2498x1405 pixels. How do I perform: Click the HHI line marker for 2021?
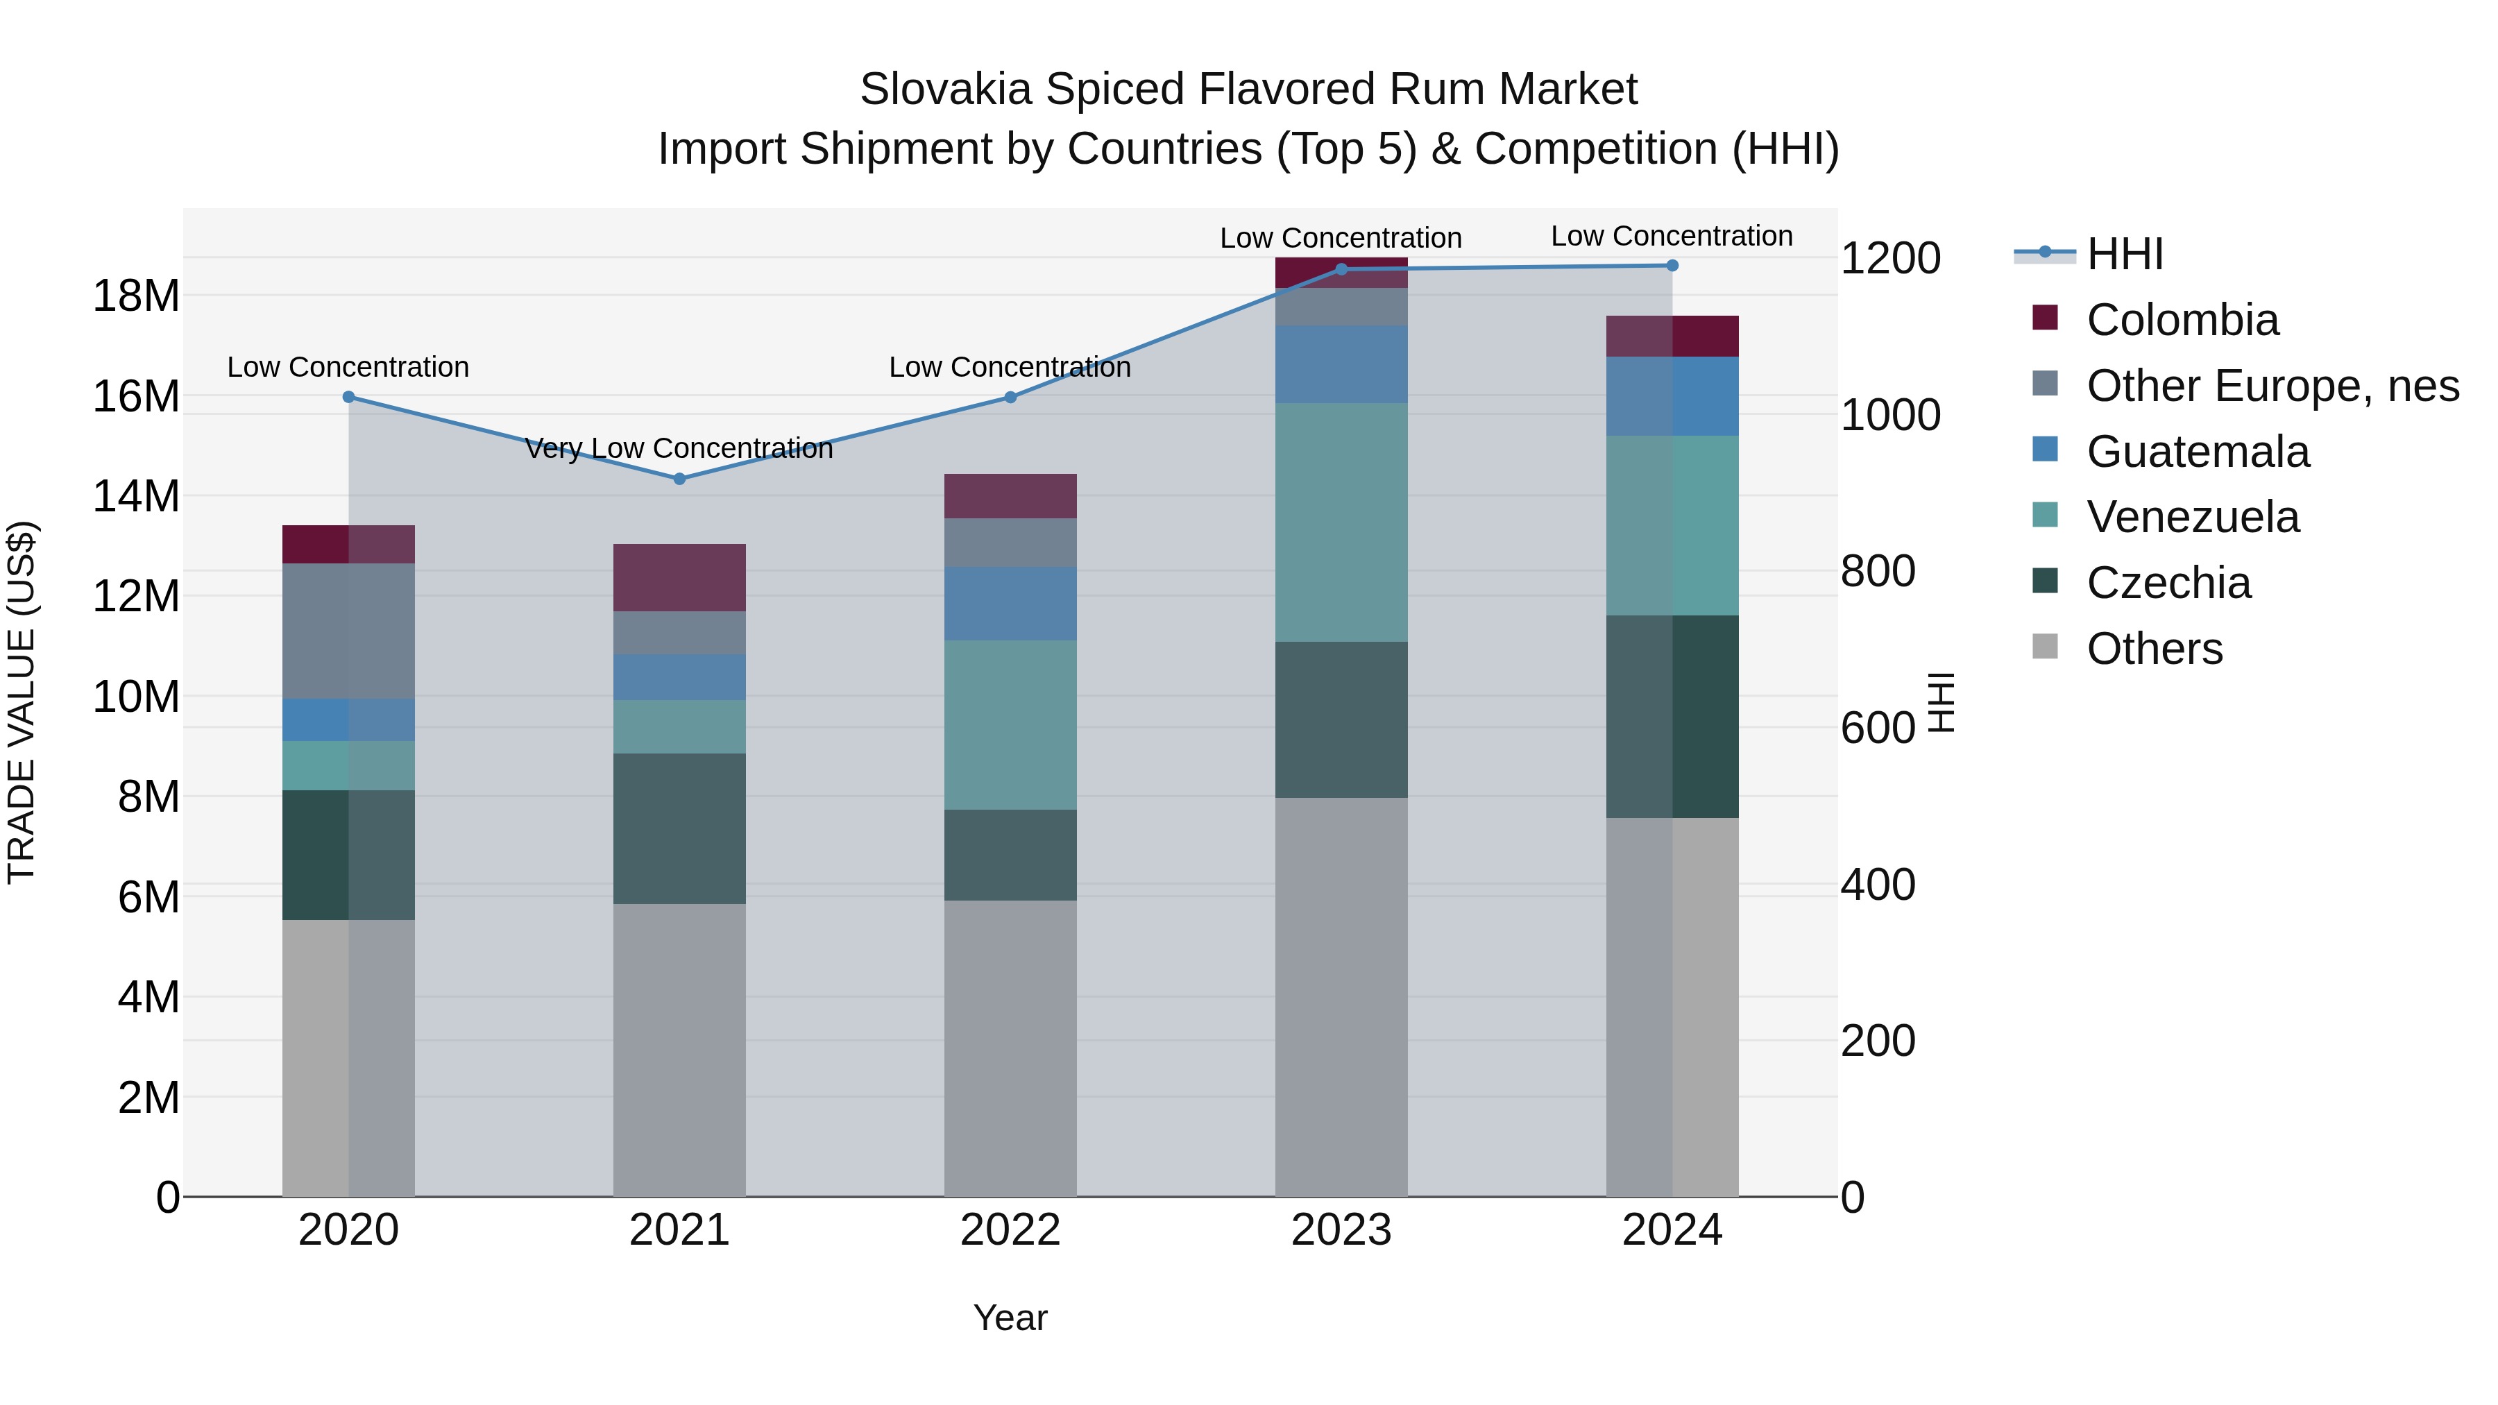[x=679, y=479]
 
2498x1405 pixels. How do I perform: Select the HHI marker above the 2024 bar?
[x=1672, y=266]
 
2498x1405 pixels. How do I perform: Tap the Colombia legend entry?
[x=2182, y=320]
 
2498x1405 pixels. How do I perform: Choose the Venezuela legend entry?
[x=2191, y=517]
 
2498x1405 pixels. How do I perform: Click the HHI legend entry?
[x=2124, y=254]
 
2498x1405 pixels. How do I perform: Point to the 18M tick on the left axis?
[x=136, y=296]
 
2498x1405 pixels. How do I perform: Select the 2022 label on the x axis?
[x=1010, y=1230]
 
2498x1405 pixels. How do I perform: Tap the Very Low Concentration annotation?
[x=679, y=448]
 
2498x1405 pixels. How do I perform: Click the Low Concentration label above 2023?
[x=1340, y=237]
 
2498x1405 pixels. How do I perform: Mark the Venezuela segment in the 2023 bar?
[x=1341, y=522]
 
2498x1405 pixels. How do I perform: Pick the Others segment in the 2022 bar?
[x=1010, y=1047]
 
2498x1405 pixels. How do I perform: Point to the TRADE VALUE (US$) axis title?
[x=22, y=702]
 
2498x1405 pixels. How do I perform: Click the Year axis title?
[x=1010, y=1318]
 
